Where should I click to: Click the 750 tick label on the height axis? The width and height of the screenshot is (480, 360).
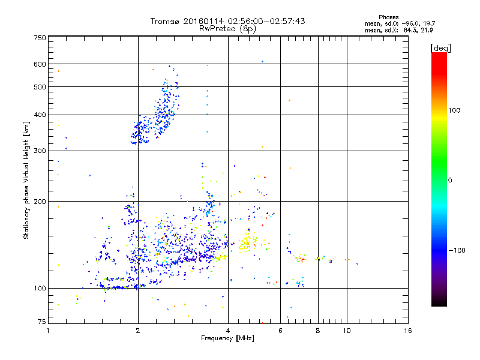pyautogui.click(x=40, y=38)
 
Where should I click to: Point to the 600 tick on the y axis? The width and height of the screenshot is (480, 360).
pyautogui.click(x=40, y=64)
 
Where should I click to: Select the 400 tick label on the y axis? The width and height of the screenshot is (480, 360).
pyautogui.click(x=40, y=115)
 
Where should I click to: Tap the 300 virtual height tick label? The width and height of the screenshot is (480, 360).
pyautogui.click(x=40, y=151)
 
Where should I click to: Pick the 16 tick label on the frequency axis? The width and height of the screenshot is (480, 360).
pyautogui.click(x=408, y=331)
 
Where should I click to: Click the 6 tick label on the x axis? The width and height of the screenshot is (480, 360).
pyautogui.click(x=280, y=331)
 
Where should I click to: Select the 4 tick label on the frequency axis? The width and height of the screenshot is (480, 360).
pyautogui.click(x=228, y=331)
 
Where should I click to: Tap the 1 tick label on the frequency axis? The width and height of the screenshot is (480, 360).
pyautogui.click(x=49, y=331)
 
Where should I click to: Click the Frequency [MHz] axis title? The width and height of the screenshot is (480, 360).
pyautogui.click(x=227, y=339)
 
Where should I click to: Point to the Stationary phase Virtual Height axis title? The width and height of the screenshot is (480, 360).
pyautogui.click(x=26, y=180)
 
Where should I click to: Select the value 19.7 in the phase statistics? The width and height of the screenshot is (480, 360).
pyautogui.click(x=424, y=23)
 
